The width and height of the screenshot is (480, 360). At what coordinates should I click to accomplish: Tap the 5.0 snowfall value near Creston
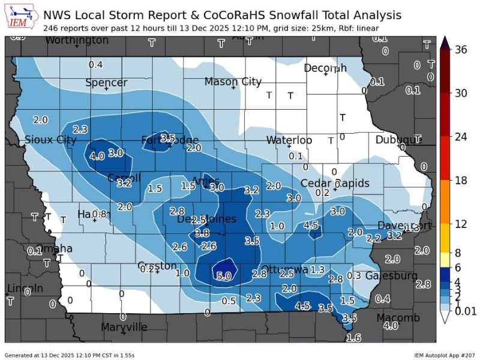click(x=224, y=277)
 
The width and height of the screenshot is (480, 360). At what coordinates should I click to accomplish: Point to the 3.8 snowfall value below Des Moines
click(x=202, y=233)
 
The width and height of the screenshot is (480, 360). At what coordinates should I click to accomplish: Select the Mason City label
click(x=233, y=82)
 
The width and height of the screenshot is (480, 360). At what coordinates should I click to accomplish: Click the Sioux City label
click(x=50, y=140)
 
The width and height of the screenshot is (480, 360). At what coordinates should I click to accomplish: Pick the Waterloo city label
click(x=289, y=140)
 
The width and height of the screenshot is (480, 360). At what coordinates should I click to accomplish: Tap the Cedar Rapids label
click(x=335, y=183)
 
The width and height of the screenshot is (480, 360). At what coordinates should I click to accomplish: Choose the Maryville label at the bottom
click(x=124, y=327)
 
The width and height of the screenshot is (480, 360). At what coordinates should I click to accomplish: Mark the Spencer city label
click(x=106, y=83)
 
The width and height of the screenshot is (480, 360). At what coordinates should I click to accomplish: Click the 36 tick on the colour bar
click(x=461, y=50)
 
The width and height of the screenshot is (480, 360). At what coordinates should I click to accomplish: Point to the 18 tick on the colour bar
click(x=461, y=180)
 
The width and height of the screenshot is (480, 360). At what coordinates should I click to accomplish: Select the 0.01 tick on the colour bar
click(x=466, y=310)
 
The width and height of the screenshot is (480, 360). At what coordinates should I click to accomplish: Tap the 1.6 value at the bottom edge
click(x=354, y=338)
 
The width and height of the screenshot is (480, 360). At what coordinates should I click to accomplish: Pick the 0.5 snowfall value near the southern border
click(x=229, y=301)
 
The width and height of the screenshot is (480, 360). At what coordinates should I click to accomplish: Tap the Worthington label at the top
click(x=77, y=40)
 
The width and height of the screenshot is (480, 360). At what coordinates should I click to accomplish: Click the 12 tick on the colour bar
click(x=461, y=224)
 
